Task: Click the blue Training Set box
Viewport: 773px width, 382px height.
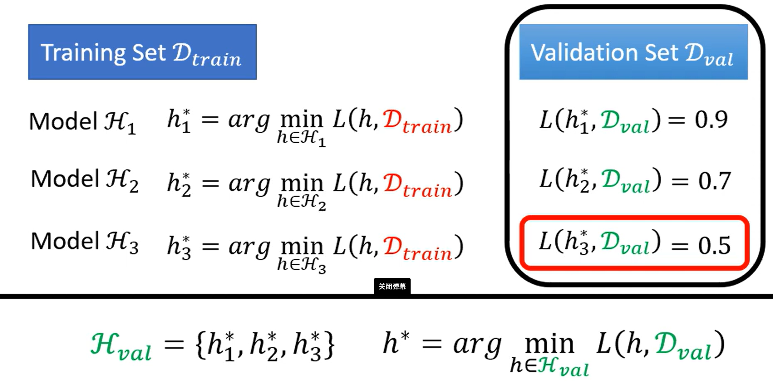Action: point(142,52)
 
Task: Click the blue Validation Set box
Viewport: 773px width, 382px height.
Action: point(633,52)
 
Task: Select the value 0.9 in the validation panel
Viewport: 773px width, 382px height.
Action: point(711,120)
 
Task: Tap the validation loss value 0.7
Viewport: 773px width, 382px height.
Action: point(714,181)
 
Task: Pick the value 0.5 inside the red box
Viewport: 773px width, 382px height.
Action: point(714,245)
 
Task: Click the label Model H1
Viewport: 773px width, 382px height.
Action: point(82,122)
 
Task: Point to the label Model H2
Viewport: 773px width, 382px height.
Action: point(84,180)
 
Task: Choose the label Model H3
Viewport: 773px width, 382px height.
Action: point(84,242)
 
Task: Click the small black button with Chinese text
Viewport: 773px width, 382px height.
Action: point(392,286)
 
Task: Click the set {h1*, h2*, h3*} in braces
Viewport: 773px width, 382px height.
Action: point(264,345)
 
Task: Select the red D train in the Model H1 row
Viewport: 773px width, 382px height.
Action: point(417,121)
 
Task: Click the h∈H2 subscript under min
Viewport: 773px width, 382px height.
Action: point(301,202)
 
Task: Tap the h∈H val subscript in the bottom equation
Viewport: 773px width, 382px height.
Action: point(549,366)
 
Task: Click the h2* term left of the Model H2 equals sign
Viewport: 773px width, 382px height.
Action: point(179,184)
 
